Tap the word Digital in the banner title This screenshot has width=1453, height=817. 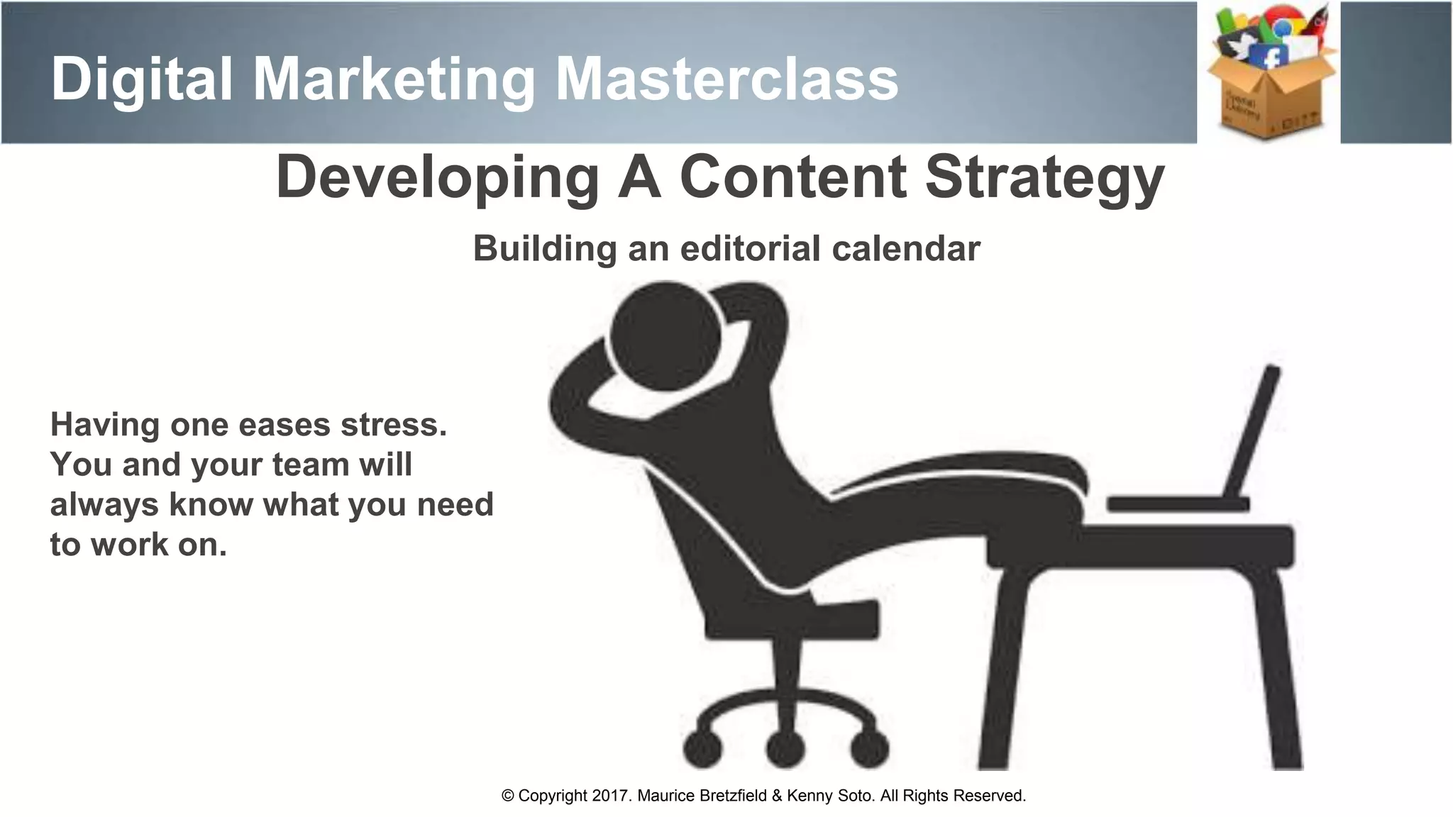[142, 79]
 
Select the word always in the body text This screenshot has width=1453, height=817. [104, 504]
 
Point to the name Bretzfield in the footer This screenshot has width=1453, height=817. [733, 796]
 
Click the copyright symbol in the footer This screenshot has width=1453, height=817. [508, 796]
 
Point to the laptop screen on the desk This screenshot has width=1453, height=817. [1253, 433]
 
